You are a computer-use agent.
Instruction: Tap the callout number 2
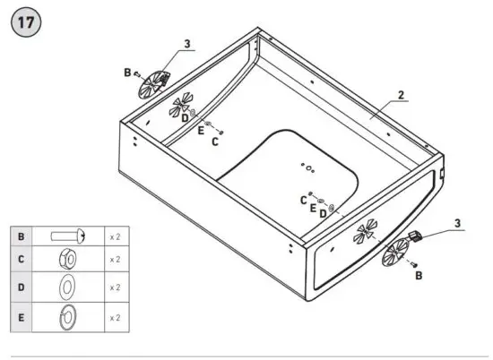(401, 94)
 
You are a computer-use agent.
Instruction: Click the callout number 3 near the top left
(186, 43)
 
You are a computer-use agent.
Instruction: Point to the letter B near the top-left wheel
(127, 72)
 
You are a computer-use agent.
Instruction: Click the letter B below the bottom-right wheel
(418, 277)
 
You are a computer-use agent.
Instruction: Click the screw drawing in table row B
(68, 236)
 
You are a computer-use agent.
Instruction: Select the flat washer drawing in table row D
(67, 288)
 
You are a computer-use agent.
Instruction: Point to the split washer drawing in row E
(67, 317)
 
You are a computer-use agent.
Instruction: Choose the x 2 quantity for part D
(115, 288)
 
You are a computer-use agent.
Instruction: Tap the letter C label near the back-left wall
(214, 141)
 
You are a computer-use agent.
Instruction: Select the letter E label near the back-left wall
(201, 131)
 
